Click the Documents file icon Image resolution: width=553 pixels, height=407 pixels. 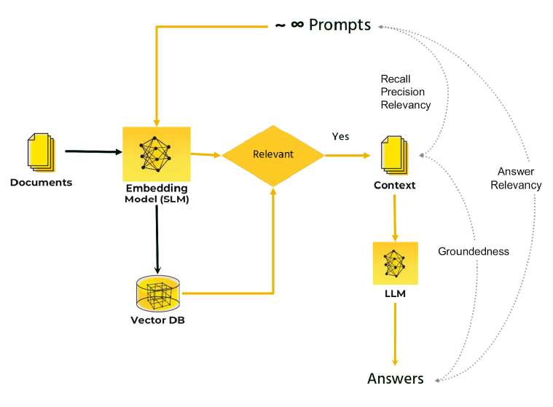[x=40, y=152]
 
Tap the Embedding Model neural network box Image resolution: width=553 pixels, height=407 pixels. [x=156, y=154]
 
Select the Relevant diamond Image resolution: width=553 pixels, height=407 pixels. [x=272, y=154]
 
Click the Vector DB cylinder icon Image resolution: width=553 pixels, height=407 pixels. [x=158, y=294]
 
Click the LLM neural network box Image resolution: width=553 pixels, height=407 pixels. [x=395, y=263]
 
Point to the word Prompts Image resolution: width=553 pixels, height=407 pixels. [x=340, y=25]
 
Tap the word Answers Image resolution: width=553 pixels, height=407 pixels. [x=395, y=379]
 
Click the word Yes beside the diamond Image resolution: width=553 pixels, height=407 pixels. [x=340, y=136]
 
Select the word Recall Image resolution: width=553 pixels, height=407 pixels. [x=396, y=79]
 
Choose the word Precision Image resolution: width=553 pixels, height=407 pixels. [x=402, y=92]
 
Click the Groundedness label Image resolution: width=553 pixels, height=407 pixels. [x=473, y=251]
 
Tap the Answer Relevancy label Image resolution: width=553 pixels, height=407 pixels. [x=516, y=178]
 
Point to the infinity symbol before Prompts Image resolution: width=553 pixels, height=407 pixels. [x=297, y=25]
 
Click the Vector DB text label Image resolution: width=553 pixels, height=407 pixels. [x=157, y=320]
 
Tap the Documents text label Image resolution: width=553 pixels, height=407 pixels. [x=41, y=182]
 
